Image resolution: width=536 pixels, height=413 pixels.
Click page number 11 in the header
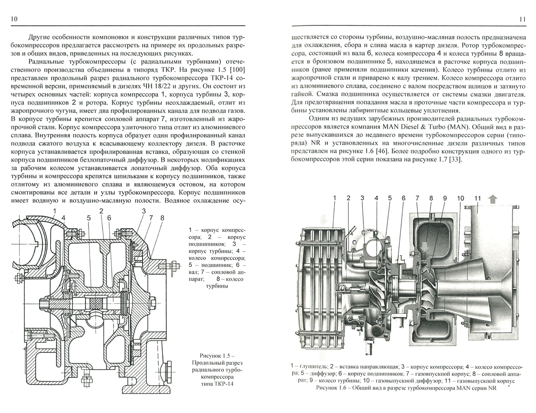pyautogui.click(x=522, y=19)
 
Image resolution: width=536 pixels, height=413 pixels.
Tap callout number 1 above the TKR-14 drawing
pyautogui.click(x=55, y=211)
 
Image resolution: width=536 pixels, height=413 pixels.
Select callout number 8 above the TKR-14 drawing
pyautogui.click(x=162, y=218)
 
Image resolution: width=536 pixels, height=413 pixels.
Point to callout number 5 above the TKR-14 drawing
pyautogui.click(x=89, y=218)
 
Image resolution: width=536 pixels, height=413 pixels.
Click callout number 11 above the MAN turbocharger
pyautogui.click(x=477, y=198)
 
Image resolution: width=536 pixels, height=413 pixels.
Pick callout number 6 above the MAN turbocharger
pyautogui.click(x=404, y=198)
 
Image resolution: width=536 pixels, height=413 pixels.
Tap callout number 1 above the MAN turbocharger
pyautogui.click(x=335, y=198)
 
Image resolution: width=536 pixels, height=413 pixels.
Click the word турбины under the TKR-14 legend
pyautogui.click(x=217, y=286)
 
